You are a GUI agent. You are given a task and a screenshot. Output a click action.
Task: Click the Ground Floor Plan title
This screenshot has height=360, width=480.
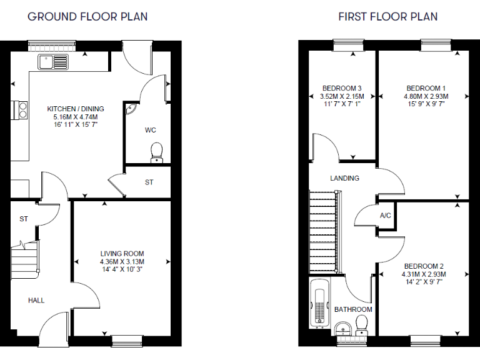[87, 16]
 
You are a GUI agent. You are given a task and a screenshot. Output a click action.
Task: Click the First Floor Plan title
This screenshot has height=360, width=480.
[388, 16]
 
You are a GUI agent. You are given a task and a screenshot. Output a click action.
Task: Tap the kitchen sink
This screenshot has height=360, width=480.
[53, 61]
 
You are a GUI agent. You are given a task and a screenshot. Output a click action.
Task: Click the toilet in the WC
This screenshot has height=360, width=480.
[156, 152]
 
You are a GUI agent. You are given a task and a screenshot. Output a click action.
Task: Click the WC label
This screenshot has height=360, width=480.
[150, 130]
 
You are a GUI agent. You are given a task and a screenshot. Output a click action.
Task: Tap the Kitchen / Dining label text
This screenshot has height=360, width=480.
[76, 109]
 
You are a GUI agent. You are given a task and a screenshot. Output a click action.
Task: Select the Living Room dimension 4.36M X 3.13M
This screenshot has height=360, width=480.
[122, 261]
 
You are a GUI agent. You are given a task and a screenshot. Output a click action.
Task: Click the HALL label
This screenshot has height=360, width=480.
[36, 300]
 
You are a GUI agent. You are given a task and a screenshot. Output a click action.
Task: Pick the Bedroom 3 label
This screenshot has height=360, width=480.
[342, 88]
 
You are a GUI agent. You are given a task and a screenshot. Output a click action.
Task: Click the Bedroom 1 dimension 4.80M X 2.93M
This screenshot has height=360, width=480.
[426, 96]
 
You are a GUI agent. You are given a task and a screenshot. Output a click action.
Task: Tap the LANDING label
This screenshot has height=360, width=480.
[344, 178]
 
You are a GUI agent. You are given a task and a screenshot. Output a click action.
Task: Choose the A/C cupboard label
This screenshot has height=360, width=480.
[386, 216]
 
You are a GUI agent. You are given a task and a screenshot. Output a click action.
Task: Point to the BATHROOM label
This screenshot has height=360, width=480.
[352, 309]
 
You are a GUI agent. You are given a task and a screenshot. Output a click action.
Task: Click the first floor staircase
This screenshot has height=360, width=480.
[323, 231]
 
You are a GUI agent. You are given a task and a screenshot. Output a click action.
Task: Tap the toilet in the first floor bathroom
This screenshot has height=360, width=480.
[361, 324]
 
